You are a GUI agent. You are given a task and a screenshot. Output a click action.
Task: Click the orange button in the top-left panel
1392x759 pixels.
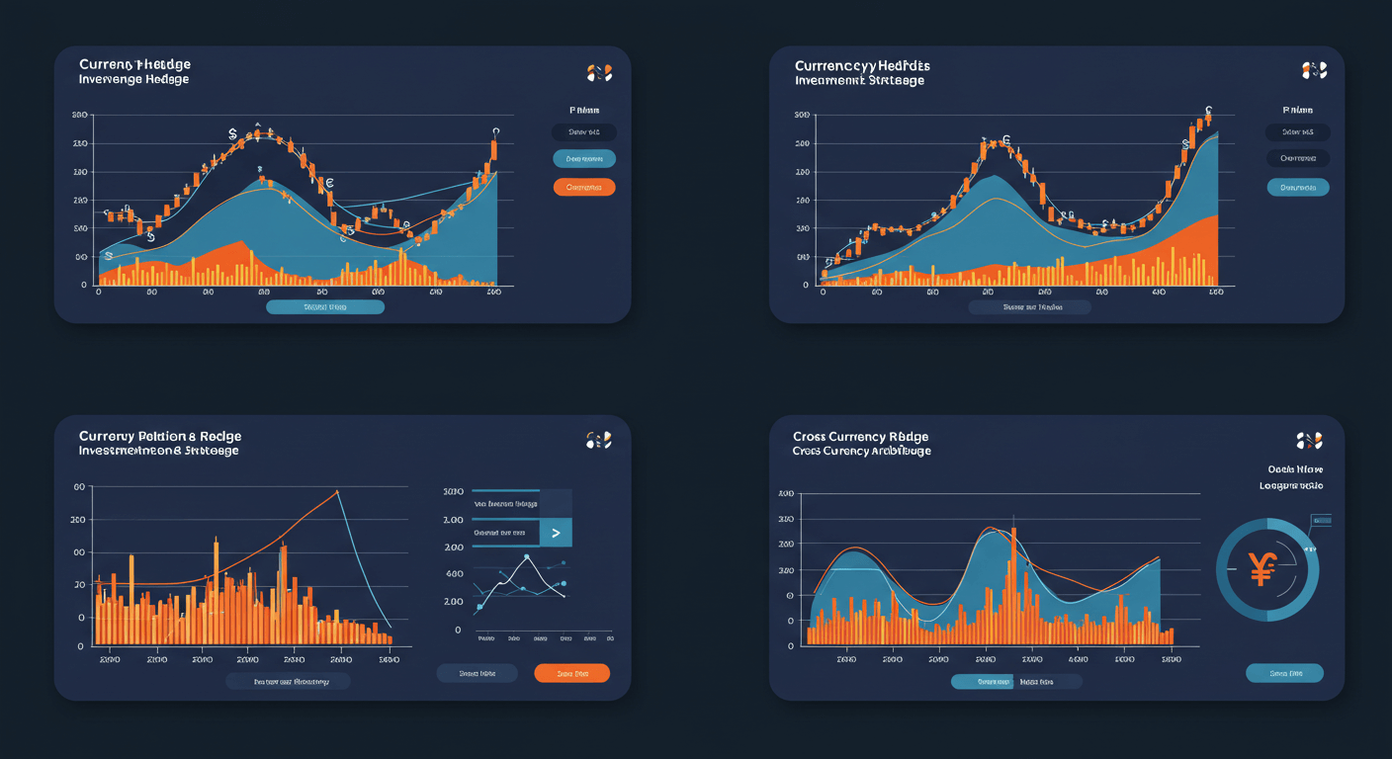click(x=584, y=187)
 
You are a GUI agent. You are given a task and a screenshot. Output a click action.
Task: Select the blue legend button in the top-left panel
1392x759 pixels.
click(x=584, y=158)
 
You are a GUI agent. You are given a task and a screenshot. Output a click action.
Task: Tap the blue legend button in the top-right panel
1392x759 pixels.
click(x=1298, y=187)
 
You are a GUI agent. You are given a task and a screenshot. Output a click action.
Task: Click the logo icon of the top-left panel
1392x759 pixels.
click(x=599, y=72)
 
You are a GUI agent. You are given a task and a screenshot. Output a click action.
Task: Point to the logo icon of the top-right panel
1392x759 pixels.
click(x=1314, y=70)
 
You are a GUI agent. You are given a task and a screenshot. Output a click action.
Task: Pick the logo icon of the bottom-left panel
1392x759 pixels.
click(x=599, y=441)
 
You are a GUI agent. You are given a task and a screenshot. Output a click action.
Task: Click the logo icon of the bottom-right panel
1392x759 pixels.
click(x=1309, y=441)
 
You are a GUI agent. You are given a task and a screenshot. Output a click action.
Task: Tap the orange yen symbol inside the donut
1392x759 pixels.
click(x=1262, y=568)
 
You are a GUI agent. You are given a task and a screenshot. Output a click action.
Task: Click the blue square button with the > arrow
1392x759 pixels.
click(x=556, y=533)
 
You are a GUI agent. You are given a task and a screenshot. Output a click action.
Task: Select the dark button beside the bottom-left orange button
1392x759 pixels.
click(x=478, y=673)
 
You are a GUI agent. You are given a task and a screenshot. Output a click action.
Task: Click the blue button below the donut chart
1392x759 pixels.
click(x=1283, y=673)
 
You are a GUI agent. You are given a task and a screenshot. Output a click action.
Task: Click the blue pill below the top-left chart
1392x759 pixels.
click(x=325, y=307)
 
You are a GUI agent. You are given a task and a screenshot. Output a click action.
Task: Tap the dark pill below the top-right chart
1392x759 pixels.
click(x=1029, y=307)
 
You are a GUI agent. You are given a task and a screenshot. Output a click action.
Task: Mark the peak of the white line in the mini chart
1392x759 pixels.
click(x=527, y=557)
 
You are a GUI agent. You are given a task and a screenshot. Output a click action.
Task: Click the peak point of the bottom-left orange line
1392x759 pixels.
click(x=337, y=491)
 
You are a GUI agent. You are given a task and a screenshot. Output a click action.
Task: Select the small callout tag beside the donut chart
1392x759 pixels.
click(x=1320, y=520)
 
